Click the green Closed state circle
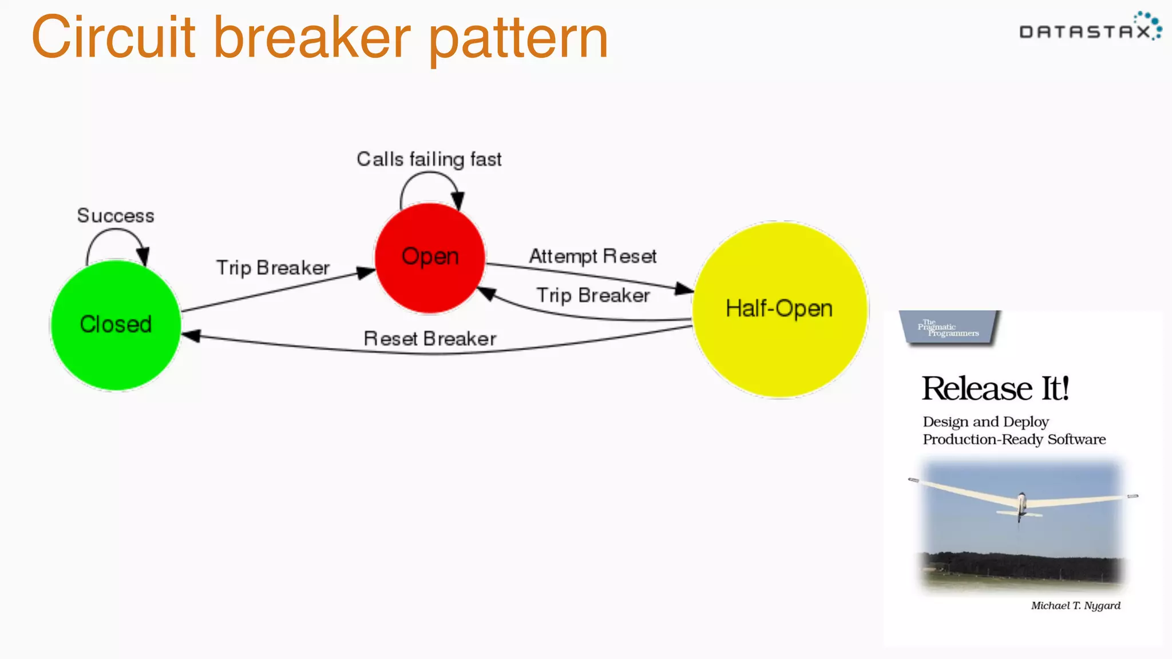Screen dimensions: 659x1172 116,324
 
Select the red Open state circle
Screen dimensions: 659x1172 430,257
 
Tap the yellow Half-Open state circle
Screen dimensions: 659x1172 780,309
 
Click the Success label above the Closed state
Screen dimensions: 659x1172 116,216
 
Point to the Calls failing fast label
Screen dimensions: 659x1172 429,159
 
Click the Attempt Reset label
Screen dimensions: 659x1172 592,256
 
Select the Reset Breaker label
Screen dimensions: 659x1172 430,339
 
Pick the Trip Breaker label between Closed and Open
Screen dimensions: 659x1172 273,268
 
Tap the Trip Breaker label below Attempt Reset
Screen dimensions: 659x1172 593,295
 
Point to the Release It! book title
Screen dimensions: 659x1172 995,388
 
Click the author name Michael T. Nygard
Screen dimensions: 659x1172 1075,605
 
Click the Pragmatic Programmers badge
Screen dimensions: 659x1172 950,328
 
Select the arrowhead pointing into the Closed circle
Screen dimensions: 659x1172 191,336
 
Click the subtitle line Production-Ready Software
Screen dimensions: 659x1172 1014,439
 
